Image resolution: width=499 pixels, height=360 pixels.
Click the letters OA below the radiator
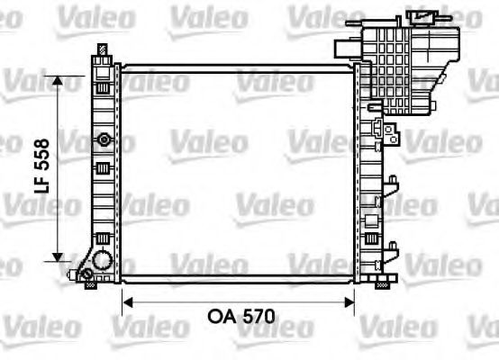pyautogui.click(x=221, y=316)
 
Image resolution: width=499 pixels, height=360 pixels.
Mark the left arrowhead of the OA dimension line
pyautogui.click(x=127, y=302)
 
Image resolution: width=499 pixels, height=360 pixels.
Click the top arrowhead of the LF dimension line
pyautogui.click(x=59, y=80)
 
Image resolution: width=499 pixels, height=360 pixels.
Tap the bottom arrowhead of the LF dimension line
pyautogui.click(x=59, y=256)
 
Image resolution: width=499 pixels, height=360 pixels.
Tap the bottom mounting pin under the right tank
pyautogui.click(x=380, y=284)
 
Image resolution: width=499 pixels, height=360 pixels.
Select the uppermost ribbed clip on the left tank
pyautogui.click(x=104, y=90)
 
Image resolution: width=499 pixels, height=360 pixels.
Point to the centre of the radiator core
pyautogui.click(x=239, y=171)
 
